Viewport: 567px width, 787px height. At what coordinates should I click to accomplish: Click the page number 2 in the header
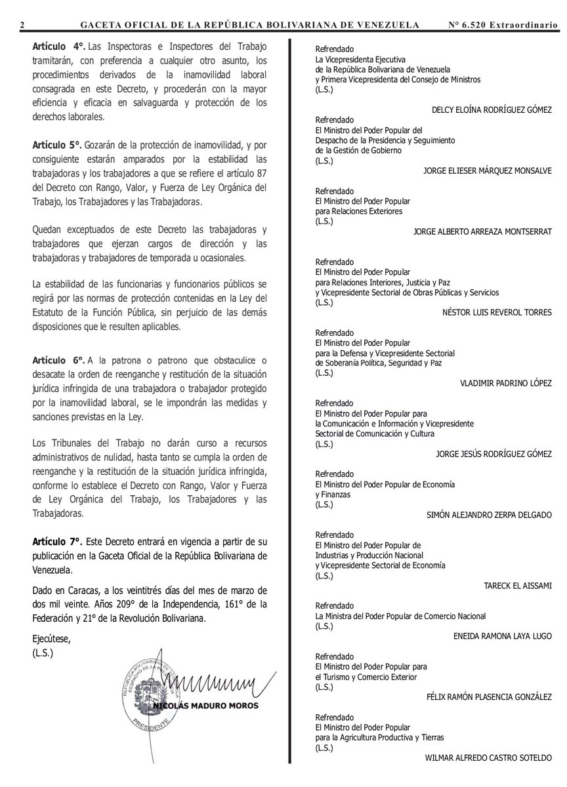pyautogui.click(x=22, y=25)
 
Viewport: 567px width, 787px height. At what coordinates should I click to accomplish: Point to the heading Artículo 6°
pyautogui.click(x=58, y=361)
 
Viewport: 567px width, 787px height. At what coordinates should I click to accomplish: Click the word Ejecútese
pyautogui.click(x=50, y=639)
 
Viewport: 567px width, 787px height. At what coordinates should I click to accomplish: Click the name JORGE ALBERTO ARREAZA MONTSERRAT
pyautogui.click(x=483, y=232)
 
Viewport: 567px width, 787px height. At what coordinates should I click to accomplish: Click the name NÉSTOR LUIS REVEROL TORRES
pyautogui.click(x=497, y=312)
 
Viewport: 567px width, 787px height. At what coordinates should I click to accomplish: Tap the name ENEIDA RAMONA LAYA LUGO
pyautogui.click(x=502, y=636)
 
